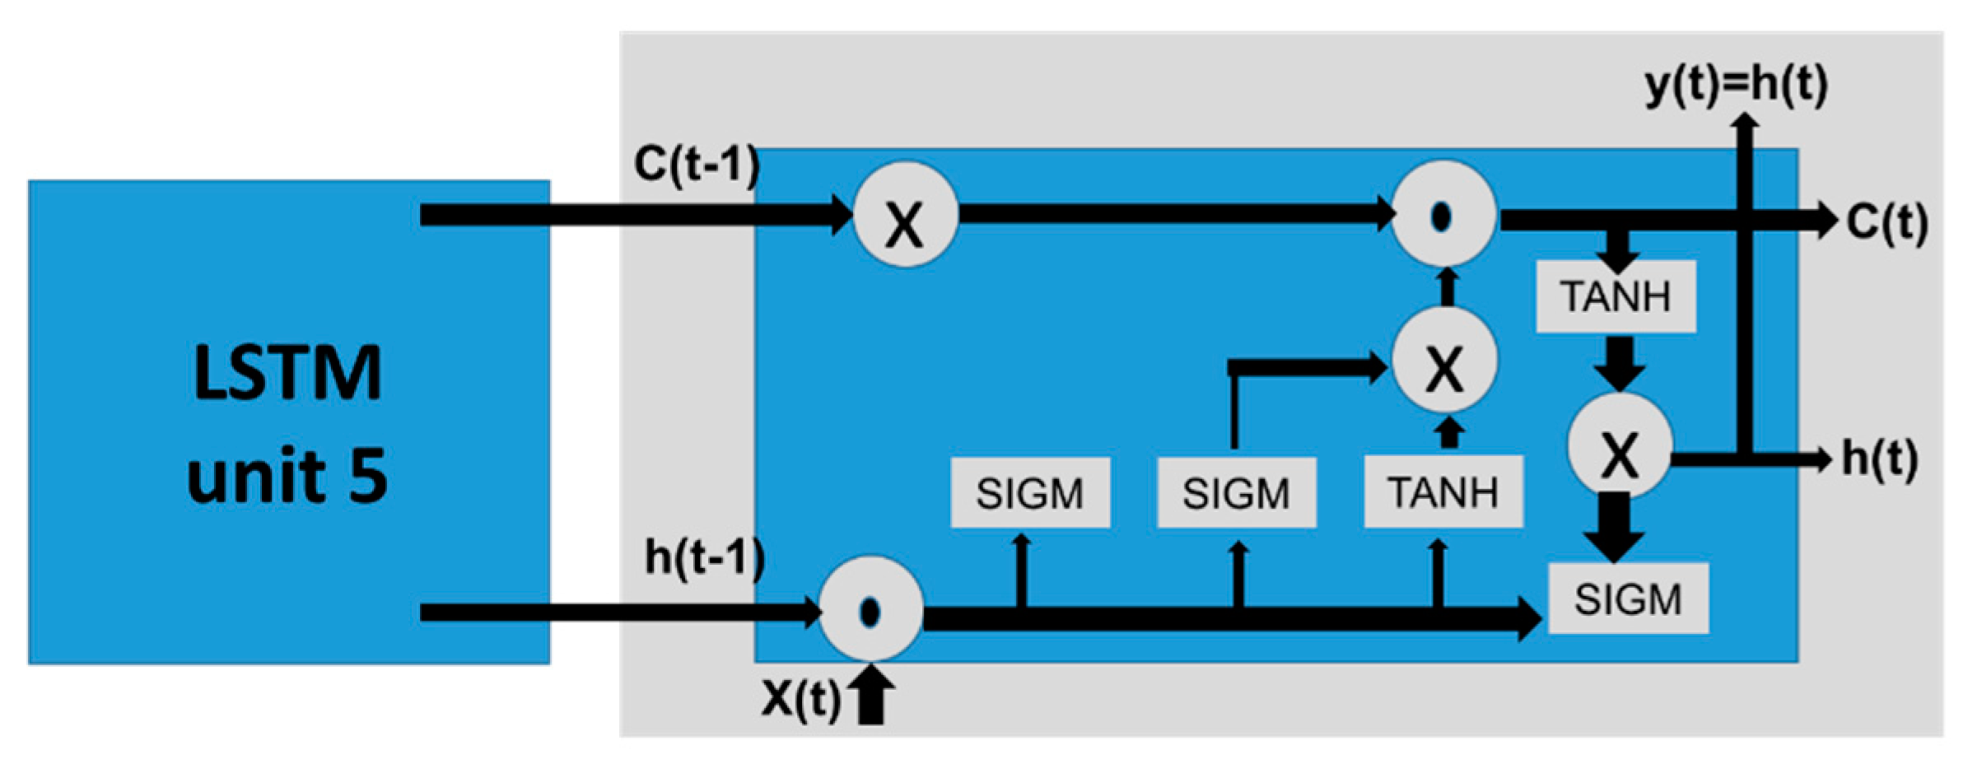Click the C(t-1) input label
(696, 165)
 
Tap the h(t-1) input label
(704, 558)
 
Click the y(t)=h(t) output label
(1736, 85)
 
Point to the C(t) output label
(1886, 222)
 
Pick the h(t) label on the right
(1879, 459)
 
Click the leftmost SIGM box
(1030, 493)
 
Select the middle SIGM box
(1236, 493)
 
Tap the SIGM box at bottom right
(1628, 599)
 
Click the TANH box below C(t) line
(1616, 296)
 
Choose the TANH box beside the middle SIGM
(1443, 492)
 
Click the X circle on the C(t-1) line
(905, 215)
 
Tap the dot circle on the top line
(1443, 215)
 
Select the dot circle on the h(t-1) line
(870, 612)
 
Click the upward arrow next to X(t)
(871, 696)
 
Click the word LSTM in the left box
(287, 373)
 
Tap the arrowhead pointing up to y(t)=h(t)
(1745, 122)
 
